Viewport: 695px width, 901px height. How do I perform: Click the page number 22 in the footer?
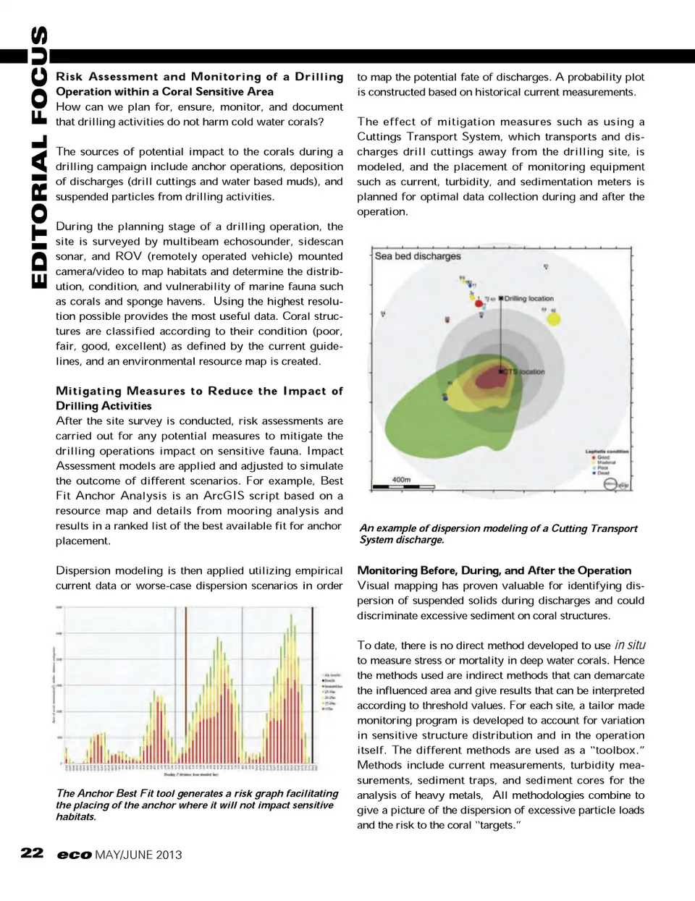point(32,853)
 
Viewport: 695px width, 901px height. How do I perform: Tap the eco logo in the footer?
point(75,855)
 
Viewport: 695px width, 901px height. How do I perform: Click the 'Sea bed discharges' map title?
point(418,256)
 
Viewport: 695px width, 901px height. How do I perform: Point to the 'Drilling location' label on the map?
point(528,298)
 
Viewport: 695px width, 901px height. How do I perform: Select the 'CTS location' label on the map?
point(524,372)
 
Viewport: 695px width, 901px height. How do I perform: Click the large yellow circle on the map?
point(554,318)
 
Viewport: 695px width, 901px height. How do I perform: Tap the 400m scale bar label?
point(401,479)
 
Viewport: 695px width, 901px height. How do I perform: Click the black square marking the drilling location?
point(501,298)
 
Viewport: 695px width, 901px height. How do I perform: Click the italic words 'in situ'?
point(630,645)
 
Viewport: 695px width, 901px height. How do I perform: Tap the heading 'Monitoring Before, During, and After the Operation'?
point(494,570)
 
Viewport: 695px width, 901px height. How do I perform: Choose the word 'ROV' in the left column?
point(128,256)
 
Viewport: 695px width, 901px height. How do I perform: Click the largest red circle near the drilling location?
point(479,304)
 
